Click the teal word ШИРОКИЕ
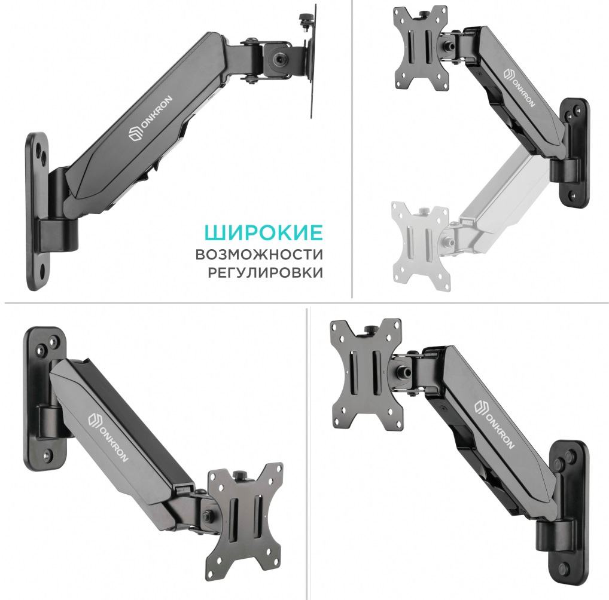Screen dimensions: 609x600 (x=263, y=232)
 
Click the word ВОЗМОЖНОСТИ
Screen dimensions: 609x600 (x=259, y=255)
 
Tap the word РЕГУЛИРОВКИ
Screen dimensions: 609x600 (x=265, y=273)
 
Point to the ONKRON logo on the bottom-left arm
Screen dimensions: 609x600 (x=108, y=437)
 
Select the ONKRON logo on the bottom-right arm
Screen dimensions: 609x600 (x=495, y=424)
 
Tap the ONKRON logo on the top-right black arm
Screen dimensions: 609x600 (x=519, y=88)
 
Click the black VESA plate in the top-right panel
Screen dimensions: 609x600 (x=421, y=48)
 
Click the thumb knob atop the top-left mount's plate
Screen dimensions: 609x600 (x=303, y=19)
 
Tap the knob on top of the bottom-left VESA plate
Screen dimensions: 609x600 (x=239, y=475)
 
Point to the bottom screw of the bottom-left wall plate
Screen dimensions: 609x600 (x=48, y=454)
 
